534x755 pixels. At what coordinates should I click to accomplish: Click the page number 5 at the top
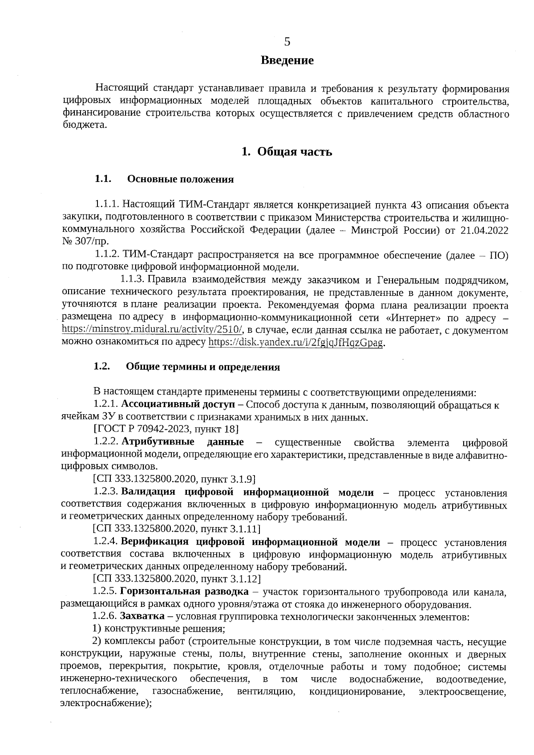coord(287,42)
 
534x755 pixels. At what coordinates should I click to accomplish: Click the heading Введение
coord(287,60)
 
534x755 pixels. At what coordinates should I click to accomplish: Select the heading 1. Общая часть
coord(287,152)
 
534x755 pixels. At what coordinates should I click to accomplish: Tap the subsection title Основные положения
coord(180,179)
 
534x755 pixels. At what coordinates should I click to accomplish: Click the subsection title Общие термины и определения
coord(203,367)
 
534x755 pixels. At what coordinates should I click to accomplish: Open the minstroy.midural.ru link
coord(152,330)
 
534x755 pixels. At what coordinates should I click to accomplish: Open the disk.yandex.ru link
coord(295,343)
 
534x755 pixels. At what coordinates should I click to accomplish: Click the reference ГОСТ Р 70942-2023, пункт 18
coord(166,429)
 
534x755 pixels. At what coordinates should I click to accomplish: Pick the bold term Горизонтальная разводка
coord(184,592)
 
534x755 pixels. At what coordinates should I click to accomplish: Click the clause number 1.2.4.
coord(105,542)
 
